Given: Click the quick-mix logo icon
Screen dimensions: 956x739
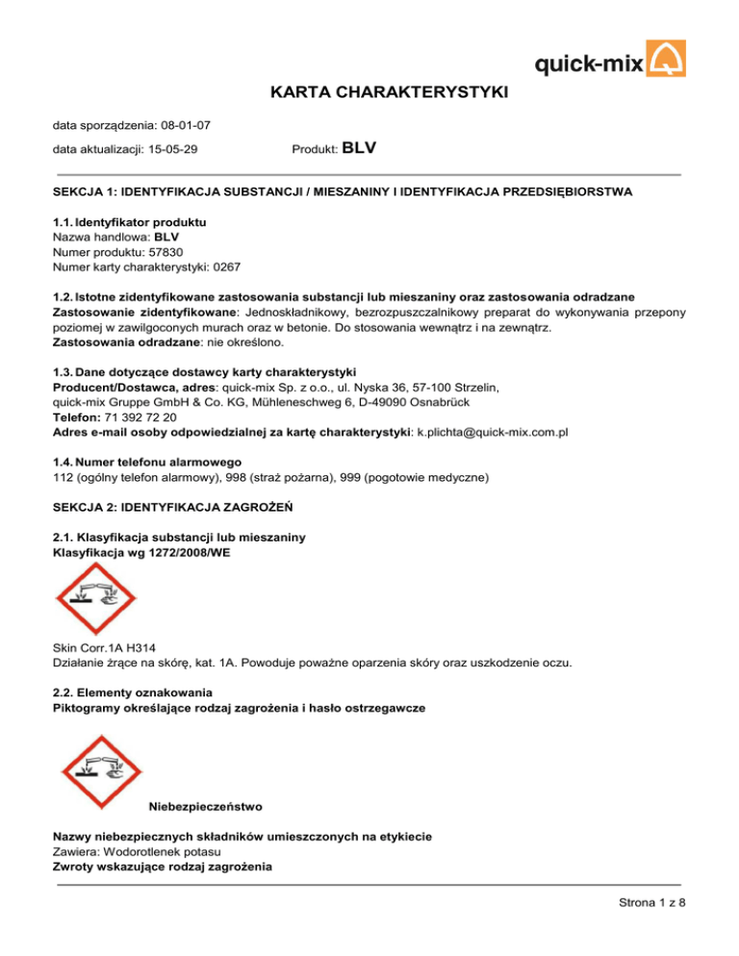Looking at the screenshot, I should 665,61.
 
